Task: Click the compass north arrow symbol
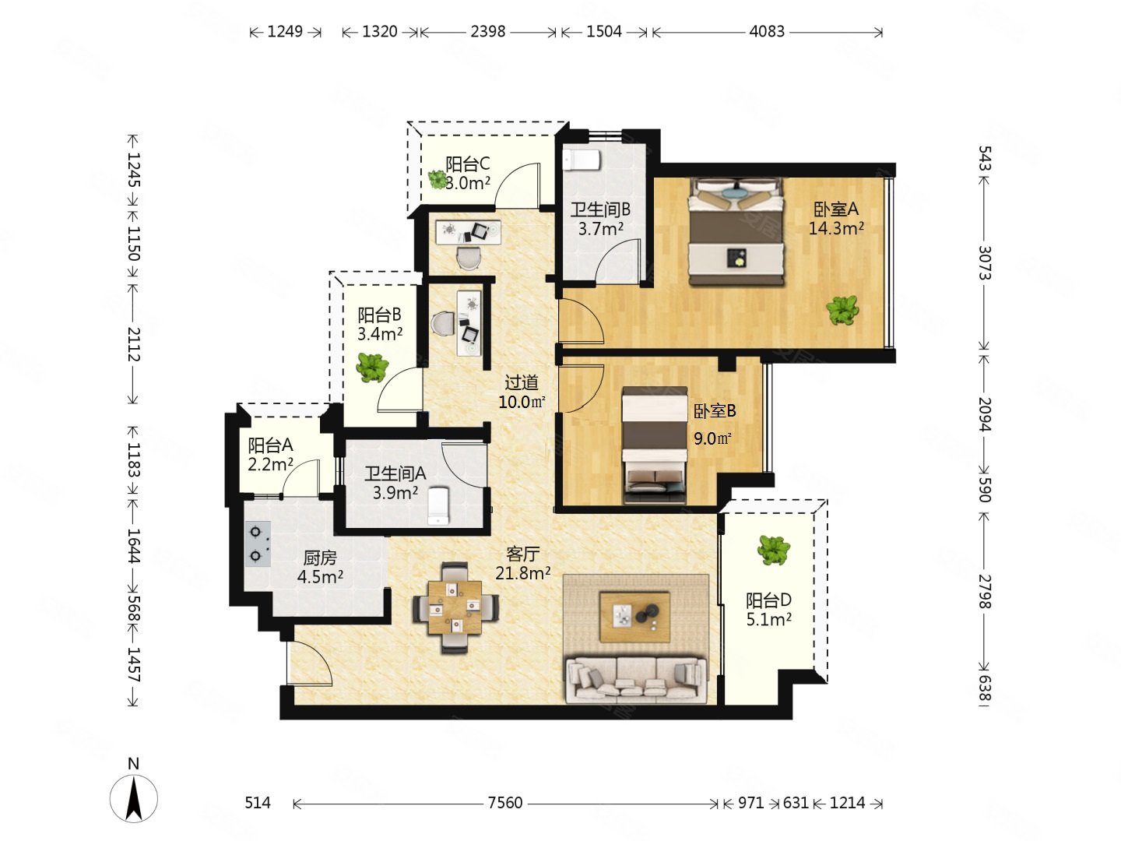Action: point(133,797)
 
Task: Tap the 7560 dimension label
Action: point(504,803)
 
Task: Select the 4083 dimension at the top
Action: point(766,32)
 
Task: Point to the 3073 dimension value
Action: point(984,263)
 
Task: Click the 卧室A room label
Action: point(835,209)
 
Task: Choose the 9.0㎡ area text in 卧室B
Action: point(712,438)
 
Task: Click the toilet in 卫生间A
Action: point(438,505)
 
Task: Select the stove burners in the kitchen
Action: point(258,544)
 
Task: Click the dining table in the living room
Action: point(455,607)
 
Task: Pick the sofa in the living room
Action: point(636,679)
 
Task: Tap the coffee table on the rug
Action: point(634,617)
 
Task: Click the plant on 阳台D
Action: point(773,550)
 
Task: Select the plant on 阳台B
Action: point(372,368)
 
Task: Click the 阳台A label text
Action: point(270,445)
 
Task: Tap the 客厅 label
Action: point(522,554)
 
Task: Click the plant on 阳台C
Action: point(438,179)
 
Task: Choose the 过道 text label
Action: point(521,382)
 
